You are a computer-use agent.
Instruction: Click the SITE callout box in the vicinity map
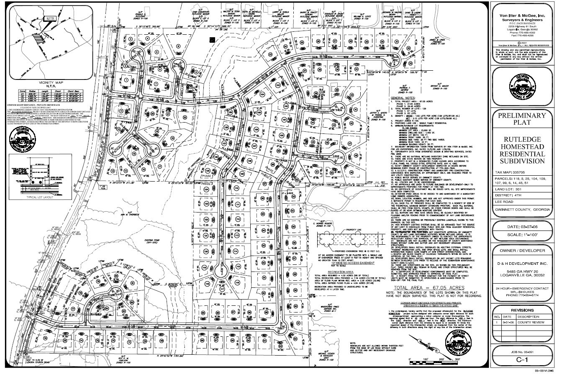pos(51,18)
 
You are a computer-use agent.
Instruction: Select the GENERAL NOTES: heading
pos(403,98)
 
